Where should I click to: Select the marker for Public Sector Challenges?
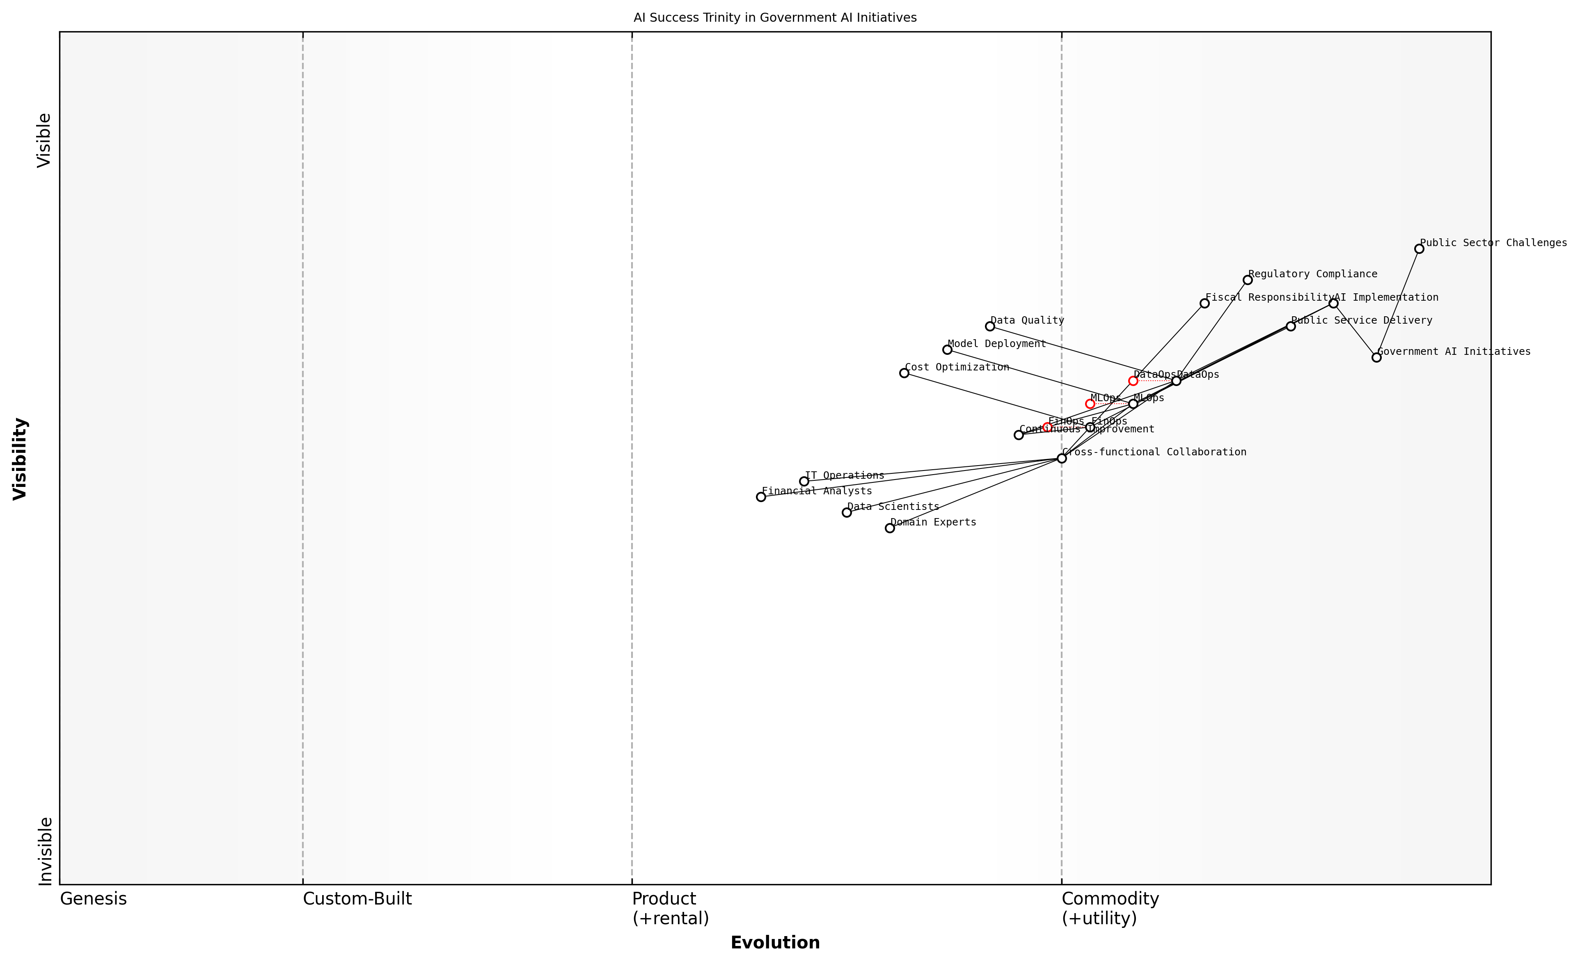pyautogui.click(x=1419, y=249)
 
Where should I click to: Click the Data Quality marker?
pyautogui.click(x=989, y=326)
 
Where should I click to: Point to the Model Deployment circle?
pyautogui.click(x=947, y=350)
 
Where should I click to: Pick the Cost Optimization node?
pyautogui.click(x=904, y=373)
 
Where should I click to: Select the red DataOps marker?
pyautogui.click(x=1133, y=381)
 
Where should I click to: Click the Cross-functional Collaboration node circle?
pyautogui.click(x=1061, y=458)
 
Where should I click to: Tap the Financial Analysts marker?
pyautogui.click(x=760, y=497)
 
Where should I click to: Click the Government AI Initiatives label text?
pyautogui.click(x=1454, y=351)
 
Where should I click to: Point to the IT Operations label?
pyautogui.click(x=845, y=475)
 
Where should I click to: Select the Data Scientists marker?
pyautogui.click(x=846, y=512)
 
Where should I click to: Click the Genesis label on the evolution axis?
pyautogui.click(x=93, y=899)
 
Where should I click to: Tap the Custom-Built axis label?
pyautogui.click(x=357, y=899)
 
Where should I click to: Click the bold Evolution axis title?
pyautogui.click(x=775, y=942)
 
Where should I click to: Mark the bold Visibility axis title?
pyautogui.click(x=20, y=458)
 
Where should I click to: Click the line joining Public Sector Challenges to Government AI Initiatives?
pyautogui.click(x=1398, y=303)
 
